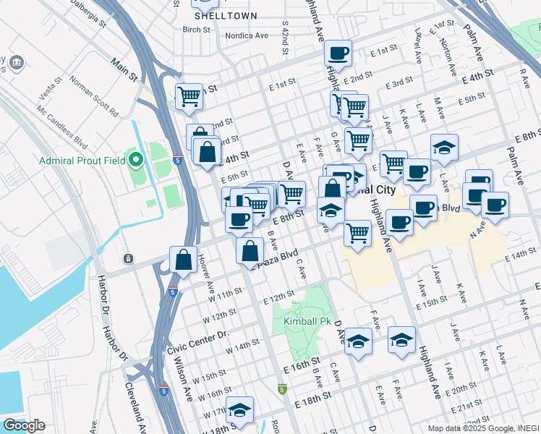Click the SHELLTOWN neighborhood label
point(216,15)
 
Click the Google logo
point(23,425)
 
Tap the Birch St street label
point(196,30)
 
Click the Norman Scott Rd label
point(95,97)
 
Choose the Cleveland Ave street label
point(132,397)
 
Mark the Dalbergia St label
point(88,13)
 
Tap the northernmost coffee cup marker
point(338,52)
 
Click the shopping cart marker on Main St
point(189,95)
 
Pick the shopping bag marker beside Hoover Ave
point(184,259)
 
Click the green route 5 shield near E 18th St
point(281,389)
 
